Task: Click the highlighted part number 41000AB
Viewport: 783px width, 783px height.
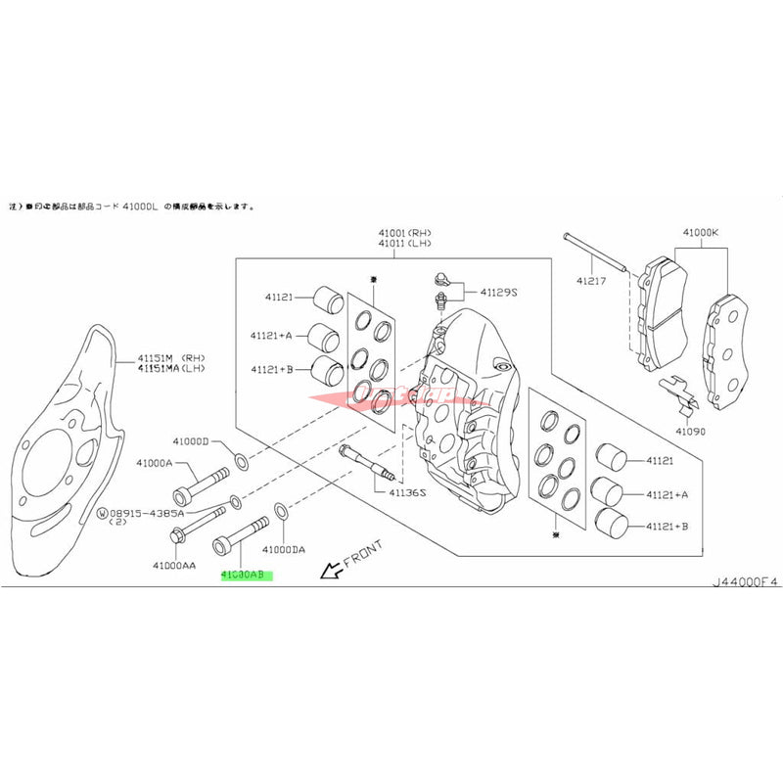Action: pyautogui.click(x=247, y=576)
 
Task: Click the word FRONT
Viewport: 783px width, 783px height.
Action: pyautogui.click(x=363, y=554)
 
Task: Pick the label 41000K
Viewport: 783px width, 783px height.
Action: pyautogui.click(x=700, y=233)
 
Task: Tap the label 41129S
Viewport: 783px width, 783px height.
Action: pyautogui.click(x=498, y=292)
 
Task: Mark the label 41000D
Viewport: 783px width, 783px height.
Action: pyautogui.click(x=192, y=441)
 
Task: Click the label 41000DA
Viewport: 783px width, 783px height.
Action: pyautogui.click(x=284, y=551)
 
